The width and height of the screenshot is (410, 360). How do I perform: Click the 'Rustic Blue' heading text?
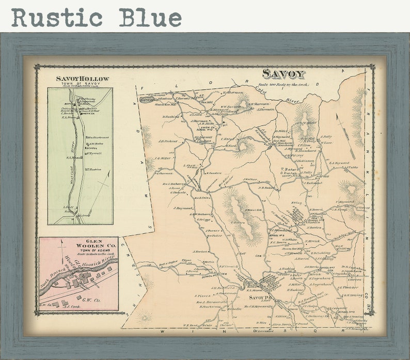point(96,18)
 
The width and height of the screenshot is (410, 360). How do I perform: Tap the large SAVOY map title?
point(283,74)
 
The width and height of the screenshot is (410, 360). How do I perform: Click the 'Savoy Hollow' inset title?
point(83,79)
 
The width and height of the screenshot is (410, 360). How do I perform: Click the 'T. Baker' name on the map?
point(287,169)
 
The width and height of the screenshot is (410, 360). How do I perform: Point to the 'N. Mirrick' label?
point(312,241)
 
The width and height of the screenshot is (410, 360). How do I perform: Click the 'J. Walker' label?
point(250,179)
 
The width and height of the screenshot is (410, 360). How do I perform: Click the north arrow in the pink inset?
point(62,253)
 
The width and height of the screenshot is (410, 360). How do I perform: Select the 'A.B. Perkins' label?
point(168,140)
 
